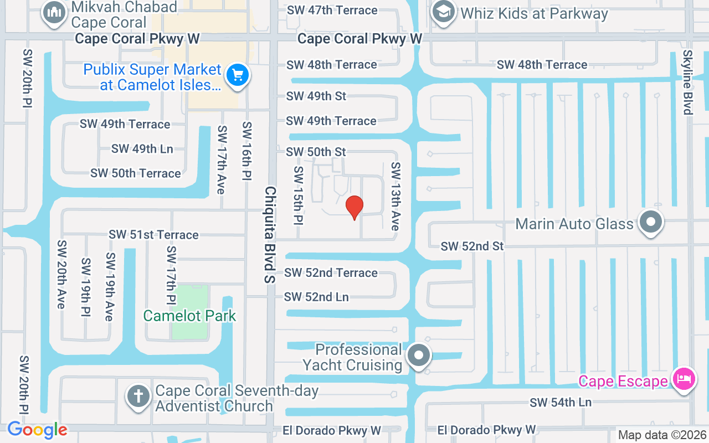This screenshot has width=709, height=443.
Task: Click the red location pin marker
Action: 354,208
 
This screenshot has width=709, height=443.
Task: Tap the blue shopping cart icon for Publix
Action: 238,75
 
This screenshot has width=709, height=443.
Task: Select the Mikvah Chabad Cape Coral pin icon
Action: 54,13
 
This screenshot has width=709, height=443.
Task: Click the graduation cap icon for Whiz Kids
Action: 444,12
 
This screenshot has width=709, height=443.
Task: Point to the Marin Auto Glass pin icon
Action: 651,223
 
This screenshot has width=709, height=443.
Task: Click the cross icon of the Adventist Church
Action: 138,397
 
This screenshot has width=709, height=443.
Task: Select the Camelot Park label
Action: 189,316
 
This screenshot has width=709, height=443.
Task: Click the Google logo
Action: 37,430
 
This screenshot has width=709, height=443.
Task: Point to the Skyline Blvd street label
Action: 687,83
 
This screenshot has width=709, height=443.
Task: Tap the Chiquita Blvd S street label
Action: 270,234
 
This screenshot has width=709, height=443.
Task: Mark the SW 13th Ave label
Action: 395,197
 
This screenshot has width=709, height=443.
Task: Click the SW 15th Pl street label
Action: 299,195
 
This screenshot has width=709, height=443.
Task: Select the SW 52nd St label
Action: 472,246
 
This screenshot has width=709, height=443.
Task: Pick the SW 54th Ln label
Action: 561,403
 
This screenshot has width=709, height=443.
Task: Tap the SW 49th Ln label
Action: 142,148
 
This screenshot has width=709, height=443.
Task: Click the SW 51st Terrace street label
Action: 153,235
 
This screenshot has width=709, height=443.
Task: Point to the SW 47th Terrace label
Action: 332,10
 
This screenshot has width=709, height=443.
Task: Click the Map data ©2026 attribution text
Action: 662,435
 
